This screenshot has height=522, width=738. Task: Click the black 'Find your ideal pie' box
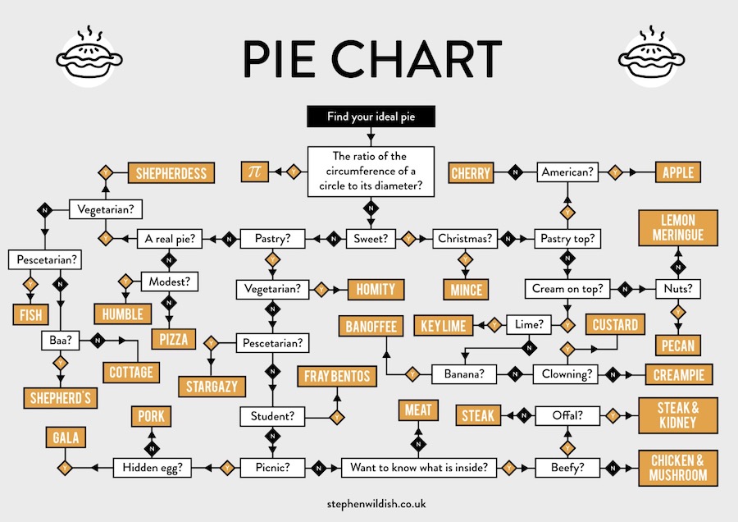click(371, 117)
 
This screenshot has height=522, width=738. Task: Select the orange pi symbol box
click(254, 172)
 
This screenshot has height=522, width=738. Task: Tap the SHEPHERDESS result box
click(171, 173)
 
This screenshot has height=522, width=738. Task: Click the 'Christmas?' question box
click(465, 239)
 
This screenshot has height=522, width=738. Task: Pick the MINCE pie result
click(466, 289)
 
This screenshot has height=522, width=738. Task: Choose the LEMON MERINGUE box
click(677, 228)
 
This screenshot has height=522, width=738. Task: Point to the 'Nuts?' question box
click(677, 289)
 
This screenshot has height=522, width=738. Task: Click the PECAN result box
click(677, 345)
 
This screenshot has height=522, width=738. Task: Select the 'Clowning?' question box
click(567, 374)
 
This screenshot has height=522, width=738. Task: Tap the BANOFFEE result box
click(371, 326)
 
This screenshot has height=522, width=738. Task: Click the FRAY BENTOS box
click(337, 377)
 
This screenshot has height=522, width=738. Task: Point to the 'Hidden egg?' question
click(157, 468)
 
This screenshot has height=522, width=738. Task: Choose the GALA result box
click(66, 438)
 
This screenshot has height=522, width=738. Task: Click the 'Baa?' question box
click(59, 338)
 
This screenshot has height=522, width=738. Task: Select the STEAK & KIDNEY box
click(676, 415)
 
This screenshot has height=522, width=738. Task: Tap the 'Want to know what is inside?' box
click(419, 468)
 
